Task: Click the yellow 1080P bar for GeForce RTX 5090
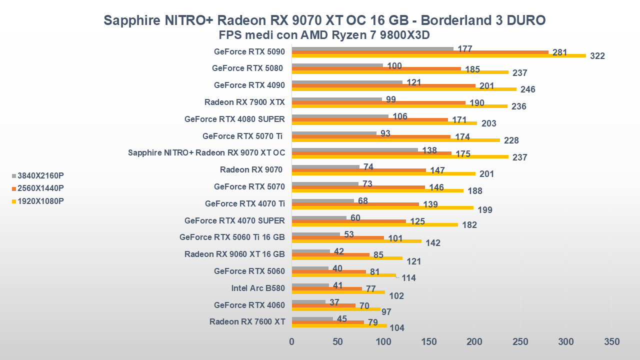(x=438, y=55)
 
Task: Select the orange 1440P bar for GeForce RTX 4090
(x=383, y=85)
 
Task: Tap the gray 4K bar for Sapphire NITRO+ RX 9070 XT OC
(x=354, y=149)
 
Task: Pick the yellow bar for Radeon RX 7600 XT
(x=339, y=326)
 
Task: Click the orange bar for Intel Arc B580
(x=326, y=288)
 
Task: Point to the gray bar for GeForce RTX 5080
(x=337, y=65)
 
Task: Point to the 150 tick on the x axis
(x=429, y=342)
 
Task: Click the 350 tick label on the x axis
(x=611, y=342)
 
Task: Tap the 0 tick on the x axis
(x=292, y=342)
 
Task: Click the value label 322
(x=597, y=56)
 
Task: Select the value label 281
(x=559, y=52)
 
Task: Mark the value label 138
(x=429, y=150)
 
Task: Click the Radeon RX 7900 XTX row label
(x=244, y=102)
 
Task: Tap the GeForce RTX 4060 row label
(x=249, y=305)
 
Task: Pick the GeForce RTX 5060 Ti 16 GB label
(x=232, y=237)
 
